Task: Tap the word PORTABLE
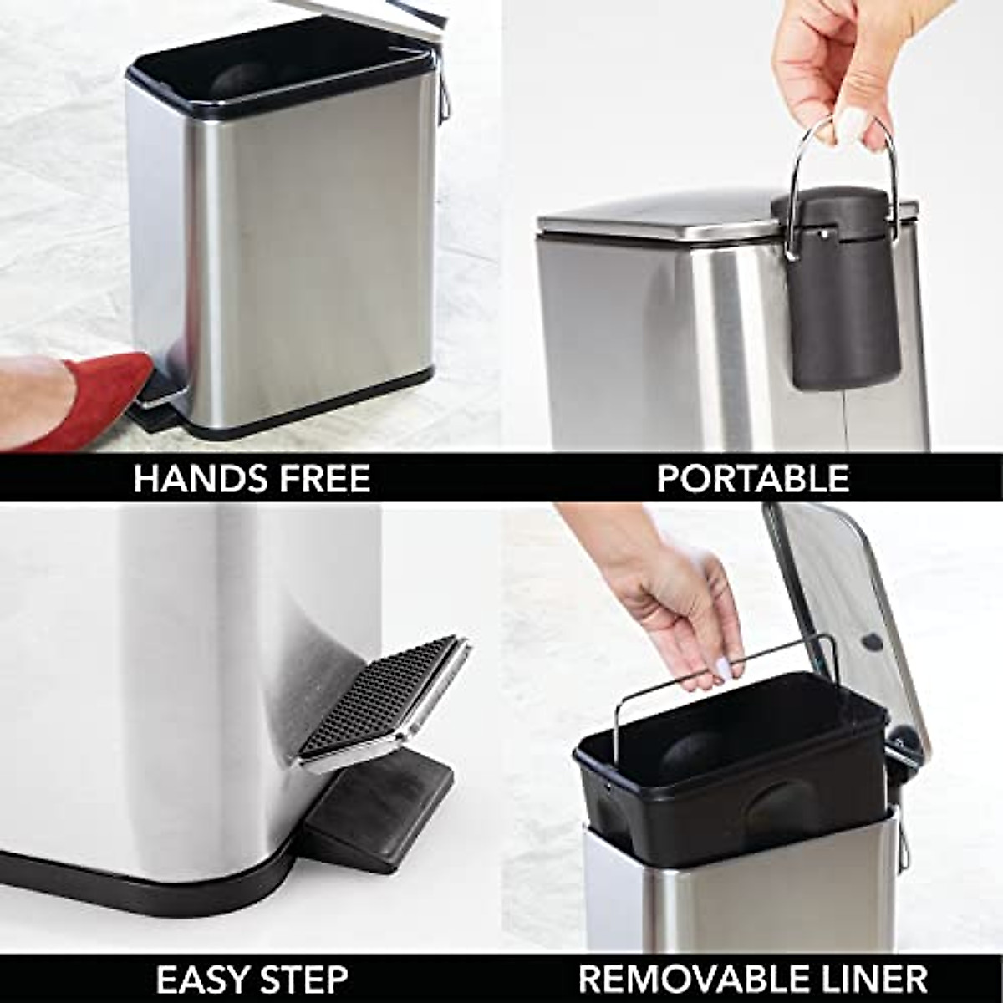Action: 752,479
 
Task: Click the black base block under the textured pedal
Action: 376,802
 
